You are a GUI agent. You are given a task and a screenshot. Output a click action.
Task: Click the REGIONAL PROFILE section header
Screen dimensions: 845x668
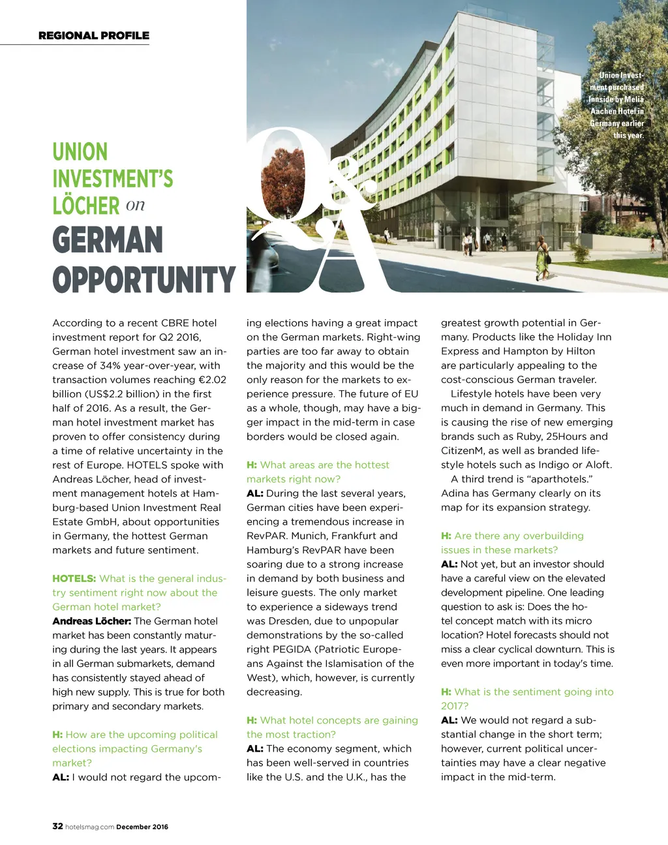pos(94,36)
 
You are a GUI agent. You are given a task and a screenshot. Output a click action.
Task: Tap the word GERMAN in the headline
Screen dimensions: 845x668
pos(108,240)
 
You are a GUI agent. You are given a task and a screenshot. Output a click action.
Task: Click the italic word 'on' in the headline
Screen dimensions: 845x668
pos(135,205)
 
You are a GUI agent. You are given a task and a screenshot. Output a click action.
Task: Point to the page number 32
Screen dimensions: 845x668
pos(57,826)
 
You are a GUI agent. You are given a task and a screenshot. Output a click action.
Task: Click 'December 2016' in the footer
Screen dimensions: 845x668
pos(142,827)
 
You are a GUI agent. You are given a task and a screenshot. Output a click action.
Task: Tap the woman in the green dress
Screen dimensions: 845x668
pos(541,258)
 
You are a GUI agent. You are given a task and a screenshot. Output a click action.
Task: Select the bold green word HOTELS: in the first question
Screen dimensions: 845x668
pos(74,579)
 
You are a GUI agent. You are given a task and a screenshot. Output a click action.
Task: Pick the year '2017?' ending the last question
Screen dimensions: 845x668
pos(454,706)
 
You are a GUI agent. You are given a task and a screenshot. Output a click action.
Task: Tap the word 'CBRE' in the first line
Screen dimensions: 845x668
pos(175,323)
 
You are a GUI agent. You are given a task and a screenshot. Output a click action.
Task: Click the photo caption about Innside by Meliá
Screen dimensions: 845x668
pos(616,105)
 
